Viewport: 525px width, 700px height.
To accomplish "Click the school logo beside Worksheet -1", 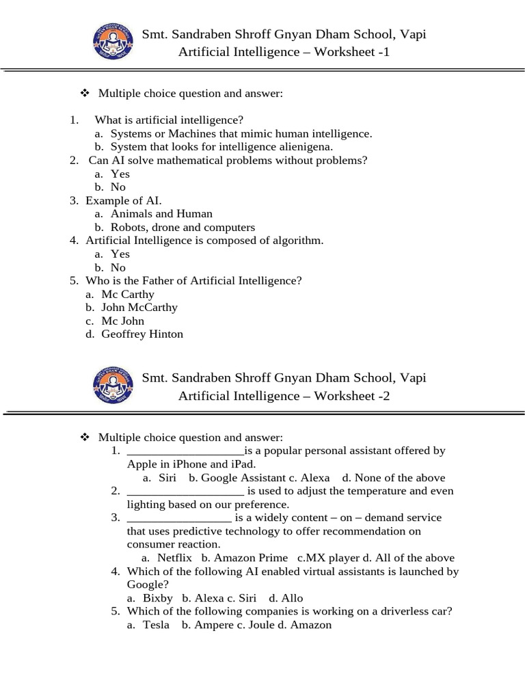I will [112, 42].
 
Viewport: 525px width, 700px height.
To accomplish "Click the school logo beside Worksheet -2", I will [112, 386].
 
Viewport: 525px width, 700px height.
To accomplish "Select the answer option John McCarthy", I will [139, 308].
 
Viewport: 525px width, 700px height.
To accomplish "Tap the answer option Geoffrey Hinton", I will [142, 334].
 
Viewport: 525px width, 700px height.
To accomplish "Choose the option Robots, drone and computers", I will [183, 228].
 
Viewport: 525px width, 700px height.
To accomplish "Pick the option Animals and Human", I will [161, 214].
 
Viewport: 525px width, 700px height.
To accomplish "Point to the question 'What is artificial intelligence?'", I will [169, 120].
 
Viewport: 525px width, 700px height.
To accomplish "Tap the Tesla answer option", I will [155, 625].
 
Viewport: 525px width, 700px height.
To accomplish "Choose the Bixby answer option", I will [157, 598].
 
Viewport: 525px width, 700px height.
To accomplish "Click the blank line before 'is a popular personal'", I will [185, 452].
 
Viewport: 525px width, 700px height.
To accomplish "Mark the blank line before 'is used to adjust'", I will [185, 492].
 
